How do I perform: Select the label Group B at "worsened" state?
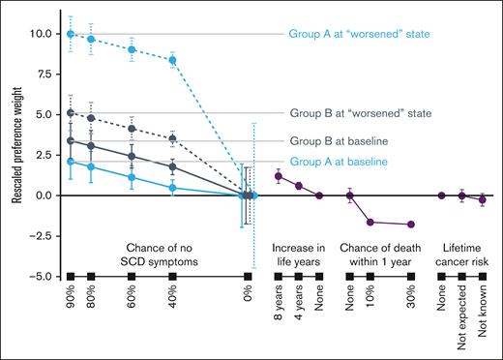pyautogui.click(x=361, y=113)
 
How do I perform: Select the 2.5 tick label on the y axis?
pyautogui.click(x=43, y=155)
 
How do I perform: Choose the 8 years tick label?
pyautogui.click(x=279, y=309)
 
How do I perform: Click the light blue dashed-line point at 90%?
pyautogui.click(x=70, y=34)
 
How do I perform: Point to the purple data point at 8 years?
pyautogui.click(x=279, y=176)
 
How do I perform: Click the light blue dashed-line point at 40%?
pyautogui.click(x=173, y=60)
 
